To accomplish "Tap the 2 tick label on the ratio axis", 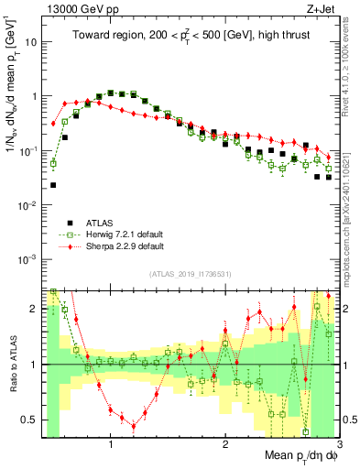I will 34,309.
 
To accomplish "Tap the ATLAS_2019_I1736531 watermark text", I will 190,274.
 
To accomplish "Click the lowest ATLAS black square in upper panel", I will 53,185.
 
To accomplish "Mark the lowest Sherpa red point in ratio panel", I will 134,426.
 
